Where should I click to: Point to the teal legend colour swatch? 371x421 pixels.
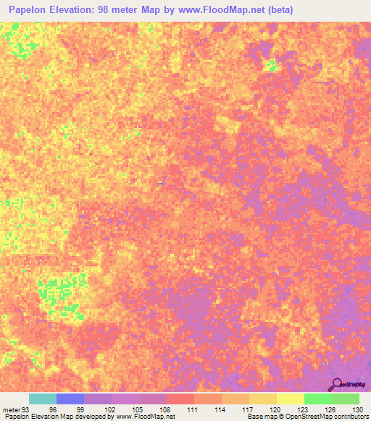click(42, 399)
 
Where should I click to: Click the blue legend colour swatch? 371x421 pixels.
click(70, 399)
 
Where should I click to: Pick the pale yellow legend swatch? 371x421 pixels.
click(290, 399)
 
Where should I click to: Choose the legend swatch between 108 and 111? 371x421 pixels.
click(180, 399)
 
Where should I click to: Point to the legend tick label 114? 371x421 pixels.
click(218, 409)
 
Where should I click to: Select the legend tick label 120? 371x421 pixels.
click(273, 409)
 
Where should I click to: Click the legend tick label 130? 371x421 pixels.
click(355, 409)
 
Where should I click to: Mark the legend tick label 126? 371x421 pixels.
click(328, 409)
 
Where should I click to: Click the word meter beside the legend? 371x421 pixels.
click(12, 409)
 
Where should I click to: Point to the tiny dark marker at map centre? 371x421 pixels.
click(160, 182)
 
